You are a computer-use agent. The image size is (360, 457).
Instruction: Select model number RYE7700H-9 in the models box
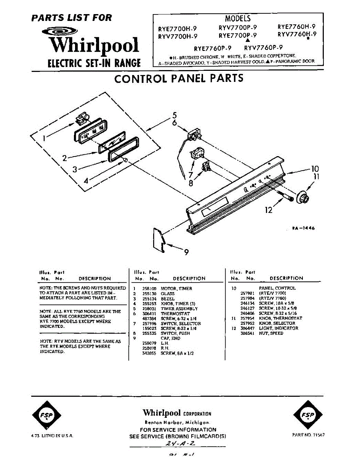178,29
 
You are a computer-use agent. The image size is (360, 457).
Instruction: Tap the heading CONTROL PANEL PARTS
179,78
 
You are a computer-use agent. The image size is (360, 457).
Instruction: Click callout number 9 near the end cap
186,252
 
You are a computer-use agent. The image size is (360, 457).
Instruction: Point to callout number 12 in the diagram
269,210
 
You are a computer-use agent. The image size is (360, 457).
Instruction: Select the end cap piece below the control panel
159,240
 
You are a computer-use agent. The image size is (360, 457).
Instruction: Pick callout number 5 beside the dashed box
174,115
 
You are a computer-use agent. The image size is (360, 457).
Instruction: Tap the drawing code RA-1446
303,228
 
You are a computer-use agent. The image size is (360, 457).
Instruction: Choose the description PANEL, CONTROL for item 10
277,288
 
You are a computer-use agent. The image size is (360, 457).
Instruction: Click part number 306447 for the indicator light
248,328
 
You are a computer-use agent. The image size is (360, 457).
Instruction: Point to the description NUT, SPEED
271,333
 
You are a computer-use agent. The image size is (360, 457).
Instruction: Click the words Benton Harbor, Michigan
178,423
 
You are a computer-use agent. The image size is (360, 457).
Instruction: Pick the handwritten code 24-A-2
178,444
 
